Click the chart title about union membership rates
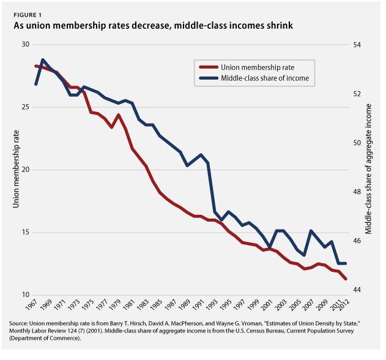pos(148,26)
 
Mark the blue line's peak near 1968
pos(43,60)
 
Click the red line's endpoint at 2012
pos(346,279)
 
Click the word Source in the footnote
pos(21,323)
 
